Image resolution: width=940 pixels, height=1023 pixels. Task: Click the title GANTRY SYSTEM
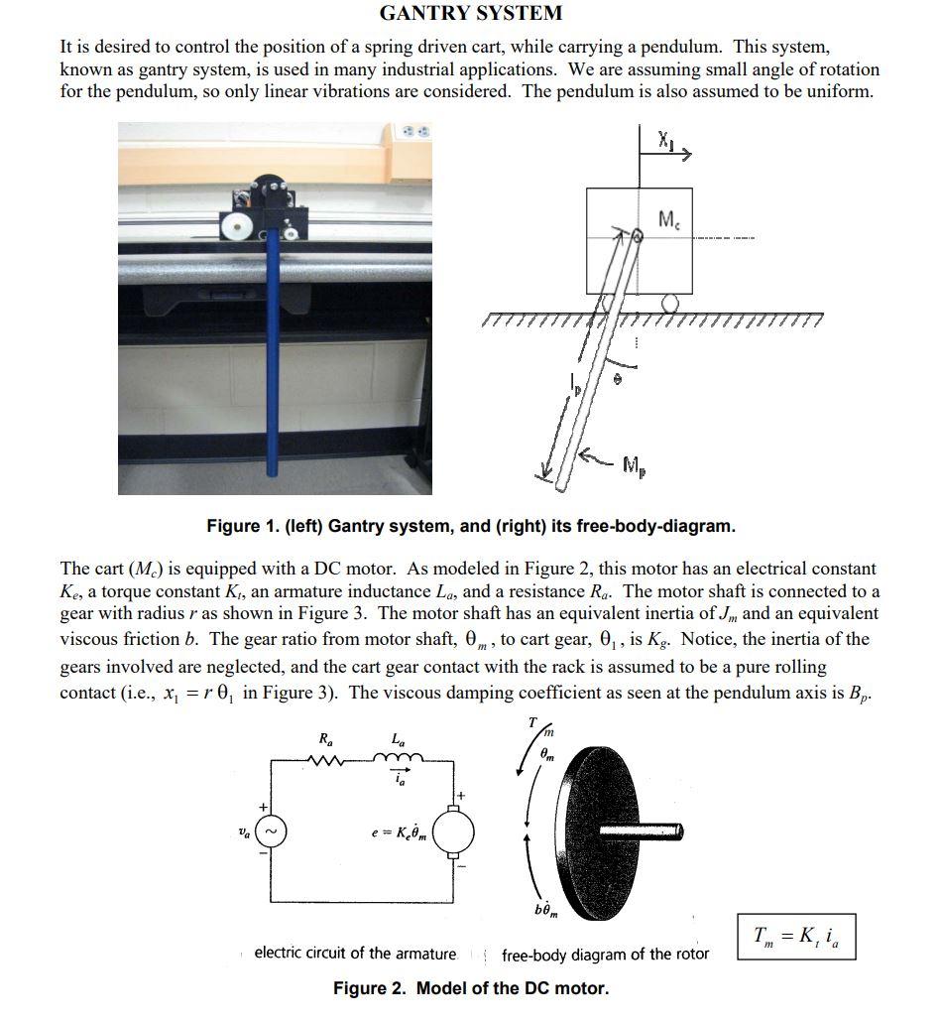pyautogui.click(x=470, y=13)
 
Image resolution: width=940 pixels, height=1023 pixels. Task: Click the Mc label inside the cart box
pyautogui.click(x=671, y=218)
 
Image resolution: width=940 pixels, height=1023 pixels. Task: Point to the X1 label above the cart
pyautogui.click(x=665, y=141)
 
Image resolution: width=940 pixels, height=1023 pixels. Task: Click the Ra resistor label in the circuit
pyautogui.click(x=325, y=738)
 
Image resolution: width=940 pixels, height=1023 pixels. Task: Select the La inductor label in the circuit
pyautogui.click(x=398, y=739)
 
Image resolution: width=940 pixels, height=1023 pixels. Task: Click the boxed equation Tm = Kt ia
pyautogui.click(x=795, y=936)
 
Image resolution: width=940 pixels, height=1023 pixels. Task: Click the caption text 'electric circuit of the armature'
pyautogui.click(x=355, y=954)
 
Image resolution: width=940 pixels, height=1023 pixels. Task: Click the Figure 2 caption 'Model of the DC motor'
pyautogui.click(x=470, y=988)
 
